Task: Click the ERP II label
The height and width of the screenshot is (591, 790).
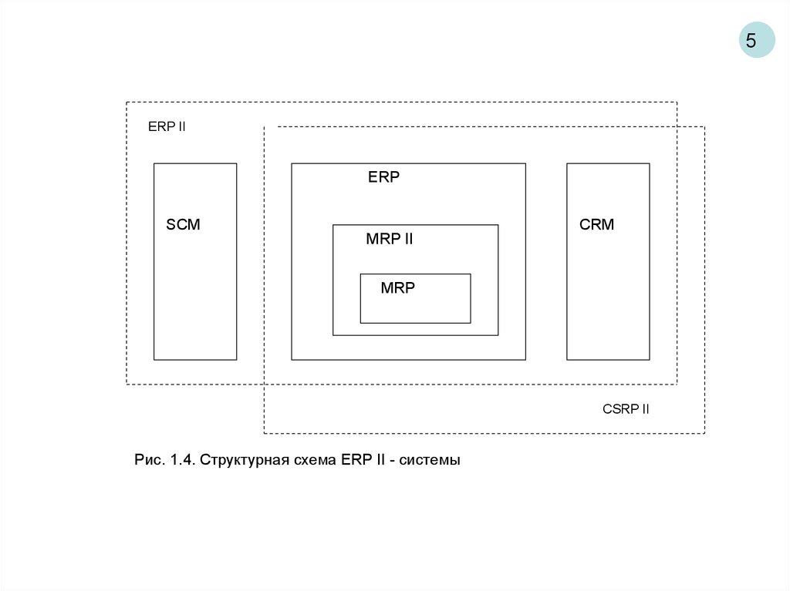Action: click(x=167, y=127)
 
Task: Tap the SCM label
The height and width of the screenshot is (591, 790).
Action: click(x=183, y=225)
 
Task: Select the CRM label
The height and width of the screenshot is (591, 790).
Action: click(x=596, y=225)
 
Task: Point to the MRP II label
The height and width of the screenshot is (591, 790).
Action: click(x=389, y=240)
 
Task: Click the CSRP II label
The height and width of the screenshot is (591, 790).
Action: click(x=626, y=409)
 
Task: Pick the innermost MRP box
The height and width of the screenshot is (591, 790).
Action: click(x=415, y=307)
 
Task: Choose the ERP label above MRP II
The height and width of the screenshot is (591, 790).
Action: click(x=383, y=177)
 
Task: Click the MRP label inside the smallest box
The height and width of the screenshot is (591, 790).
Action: click(x=397, y=288)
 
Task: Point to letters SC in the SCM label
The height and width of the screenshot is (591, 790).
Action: click(x=177, y=225)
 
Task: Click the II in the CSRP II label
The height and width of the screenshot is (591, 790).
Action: click(x=644, y=409)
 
